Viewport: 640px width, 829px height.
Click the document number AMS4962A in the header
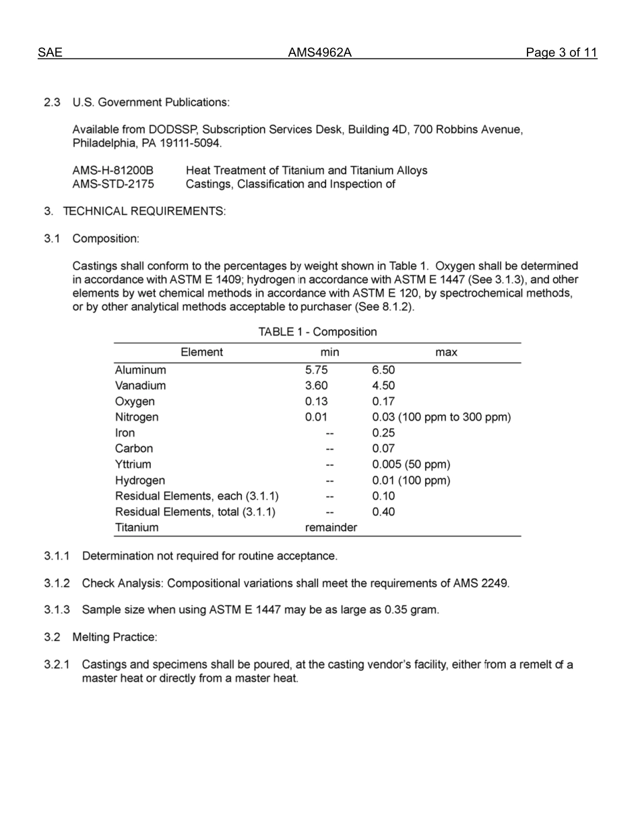click(x=320, y=53)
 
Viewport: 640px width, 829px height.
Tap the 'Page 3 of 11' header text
click(x=562, y=53)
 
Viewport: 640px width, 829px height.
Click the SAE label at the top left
click(x=50, y=53)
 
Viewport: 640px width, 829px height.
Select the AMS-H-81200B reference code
click(x=113, y=171)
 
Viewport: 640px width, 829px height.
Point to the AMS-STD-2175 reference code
click(x=113, y=184)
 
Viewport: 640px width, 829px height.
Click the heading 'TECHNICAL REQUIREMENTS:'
click(x=144, y=211)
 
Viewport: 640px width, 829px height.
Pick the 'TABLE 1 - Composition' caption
click(x=318, y=332)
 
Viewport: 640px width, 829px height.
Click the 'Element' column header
click(x=201, y=352)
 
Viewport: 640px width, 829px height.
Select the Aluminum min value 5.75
click(x=317, y=370)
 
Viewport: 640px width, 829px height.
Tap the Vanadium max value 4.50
click(x=383, y=386)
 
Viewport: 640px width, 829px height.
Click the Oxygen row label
click(x=135, y=402)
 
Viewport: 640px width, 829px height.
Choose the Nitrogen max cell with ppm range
click(x=441, y=417)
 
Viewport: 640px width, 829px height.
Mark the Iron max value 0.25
click(x=383, y=433)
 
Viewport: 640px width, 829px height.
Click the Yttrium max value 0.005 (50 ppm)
click(x=411, y=464)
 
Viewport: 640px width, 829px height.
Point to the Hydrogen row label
click(x=140, y=481)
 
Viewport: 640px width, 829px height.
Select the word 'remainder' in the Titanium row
click(x=331, y=528)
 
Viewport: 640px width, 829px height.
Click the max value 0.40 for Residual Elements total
click(x=383, y=512)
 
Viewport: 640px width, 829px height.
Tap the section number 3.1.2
click(x=57, y=583)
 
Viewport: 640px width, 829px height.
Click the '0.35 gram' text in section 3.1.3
click(x=411, y=610)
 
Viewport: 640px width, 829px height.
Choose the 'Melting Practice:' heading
click(x=115, y=637)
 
